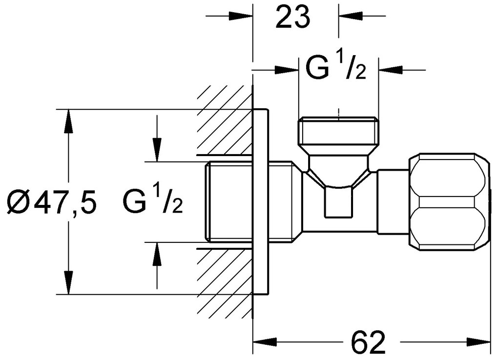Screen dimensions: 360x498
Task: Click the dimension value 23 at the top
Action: pos(293,18)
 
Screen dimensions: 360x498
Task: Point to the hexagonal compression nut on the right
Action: pos(449,202)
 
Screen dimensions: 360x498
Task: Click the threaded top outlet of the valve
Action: pos(338,131)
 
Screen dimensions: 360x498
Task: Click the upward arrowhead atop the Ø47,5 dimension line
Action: pos(68,120)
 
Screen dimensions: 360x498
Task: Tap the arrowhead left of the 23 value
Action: pos(242,16)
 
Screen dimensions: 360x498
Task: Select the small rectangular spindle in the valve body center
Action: pos(338,202)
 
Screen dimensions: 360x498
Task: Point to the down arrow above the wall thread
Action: pos(157,149)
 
